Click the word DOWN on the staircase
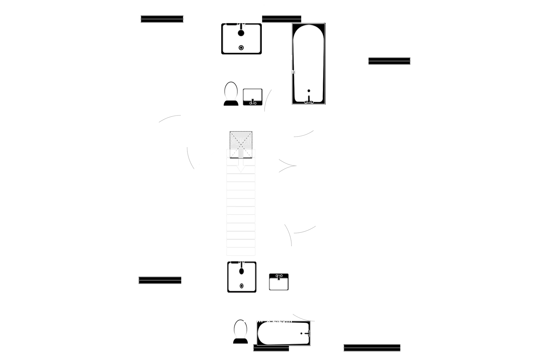click(x=241, y=142)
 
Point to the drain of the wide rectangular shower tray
click(x=241, y=48)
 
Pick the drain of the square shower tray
click(x=241, y=286)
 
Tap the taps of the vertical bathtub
click(x=309, y=101)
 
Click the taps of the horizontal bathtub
click(x=308, y=333)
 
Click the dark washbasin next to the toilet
click(x=253, y=97)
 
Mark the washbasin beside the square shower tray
click(x=279, y=282)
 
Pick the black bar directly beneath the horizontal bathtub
click(x=271, y=349)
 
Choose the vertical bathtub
click(x=308, y=64)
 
